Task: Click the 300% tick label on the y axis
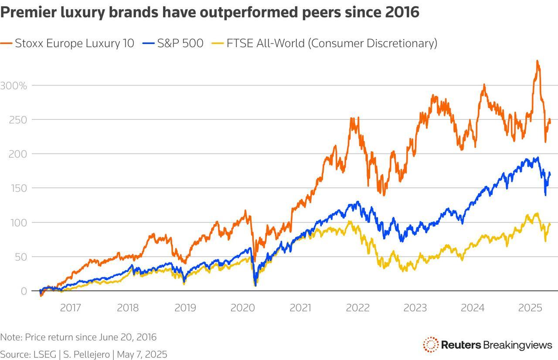[14, 85]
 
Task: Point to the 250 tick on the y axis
[18, 119]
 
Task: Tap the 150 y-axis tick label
[18, 188]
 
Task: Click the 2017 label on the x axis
[70, 308]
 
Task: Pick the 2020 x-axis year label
[243, 308]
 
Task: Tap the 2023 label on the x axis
[415, 308]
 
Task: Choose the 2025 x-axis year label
[530, 308]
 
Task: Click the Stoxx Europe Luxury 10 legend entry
[68, 43]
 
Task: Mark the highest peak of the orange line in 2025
[538, 61]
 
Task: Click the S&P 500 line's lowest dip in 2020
[255, 285]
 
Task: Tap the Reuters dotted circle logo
[430, 345]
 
